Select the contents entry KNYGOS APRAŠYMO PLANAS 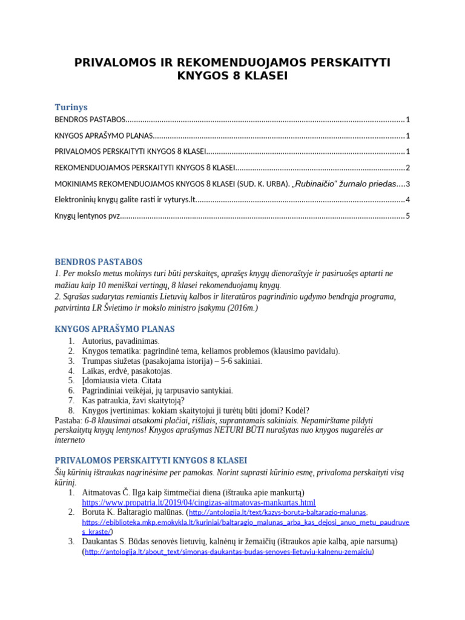tap(103, 136)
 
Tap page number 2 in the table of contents tap(408, 168)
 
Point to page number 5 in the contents tap(408, 216)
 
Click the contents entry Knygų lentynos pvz tap(87, 216)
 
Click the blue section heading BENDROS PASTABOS tap(99, 262)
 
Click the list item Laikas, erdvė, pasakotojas tap(127, 371)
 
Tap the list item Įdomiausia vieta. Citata tap(122, 380)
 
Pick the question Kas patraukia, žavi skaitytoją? tap(133, 400)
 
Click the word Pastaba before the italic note tap(68, 420)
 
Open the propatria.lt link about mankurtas tap(199, 503)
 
